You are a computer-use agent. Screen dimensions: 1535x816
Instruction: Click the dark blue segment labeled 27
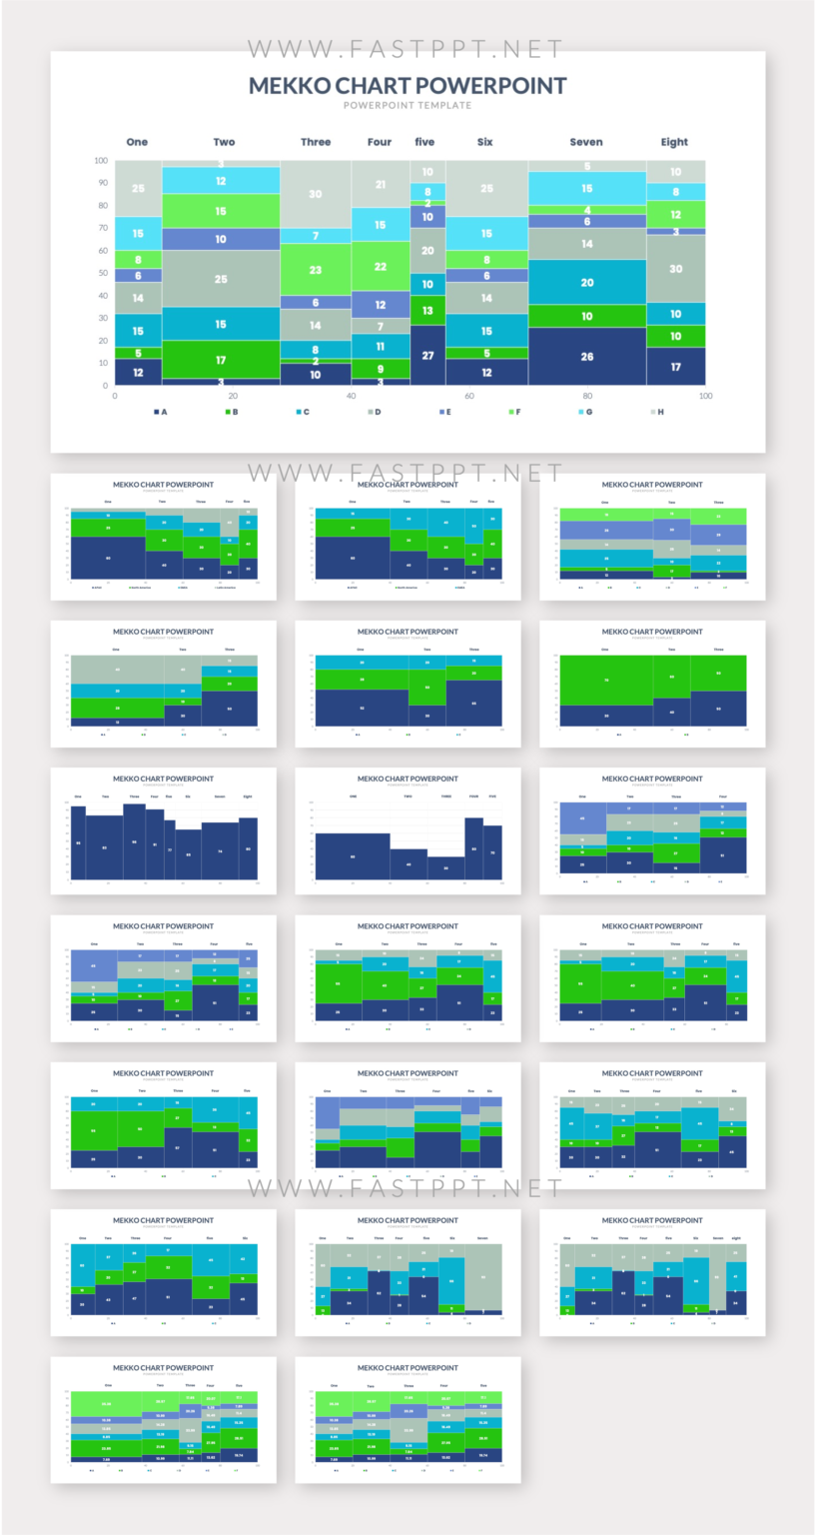[427, 355]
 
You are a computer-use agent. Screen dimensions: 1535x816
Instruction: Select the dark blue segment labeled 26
[586, 356]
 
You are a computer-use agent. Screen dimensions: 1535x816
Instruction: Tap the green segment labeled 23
[316, 270]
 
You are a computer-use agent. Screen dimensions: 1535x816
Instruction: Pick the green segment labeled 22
[380, 267]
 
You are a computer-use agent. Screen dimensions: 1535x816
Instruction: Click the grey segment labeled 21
[380, 185]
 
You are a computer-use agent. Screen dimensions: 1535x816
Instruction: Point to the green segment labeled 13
[427, 311]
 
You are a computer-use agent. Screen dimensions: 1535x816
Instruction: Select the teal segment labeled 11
[380, 347]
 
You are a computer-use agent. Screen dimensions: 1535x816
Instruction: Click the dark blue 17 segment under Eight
[675, 367]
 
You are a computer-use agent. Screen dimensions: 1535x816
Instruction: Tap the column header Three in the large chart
[316, 142]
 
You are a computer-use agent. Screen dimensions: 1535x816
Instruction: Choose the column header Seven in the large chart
[586, 142]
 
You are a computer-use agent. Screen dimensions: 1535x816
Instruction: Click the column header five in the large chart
[425, 142]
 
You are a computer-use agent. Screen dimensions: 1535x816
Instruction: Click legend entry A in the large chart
[160, 412]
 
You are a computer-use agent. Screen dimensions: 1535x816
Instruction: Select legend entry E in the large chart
[443, 412]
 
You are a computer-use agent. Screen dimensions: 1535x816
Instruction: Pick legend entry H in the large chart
[656, 412]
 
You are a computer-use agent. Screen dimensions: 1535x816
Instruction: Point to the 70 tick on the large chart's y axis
[101, 228]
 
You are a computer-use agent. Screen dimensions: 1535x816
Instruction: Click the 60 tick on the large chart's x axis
[468, 397]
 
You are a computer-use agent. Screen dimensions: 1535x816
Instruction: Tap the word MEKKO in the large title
[291, 85]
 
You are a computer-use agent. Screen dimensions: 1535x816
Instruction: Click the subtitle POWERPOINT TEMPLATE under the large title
[408, 105]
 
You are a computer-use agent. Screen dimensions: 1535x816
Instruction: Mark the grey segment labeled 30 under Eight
[675, 269]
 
